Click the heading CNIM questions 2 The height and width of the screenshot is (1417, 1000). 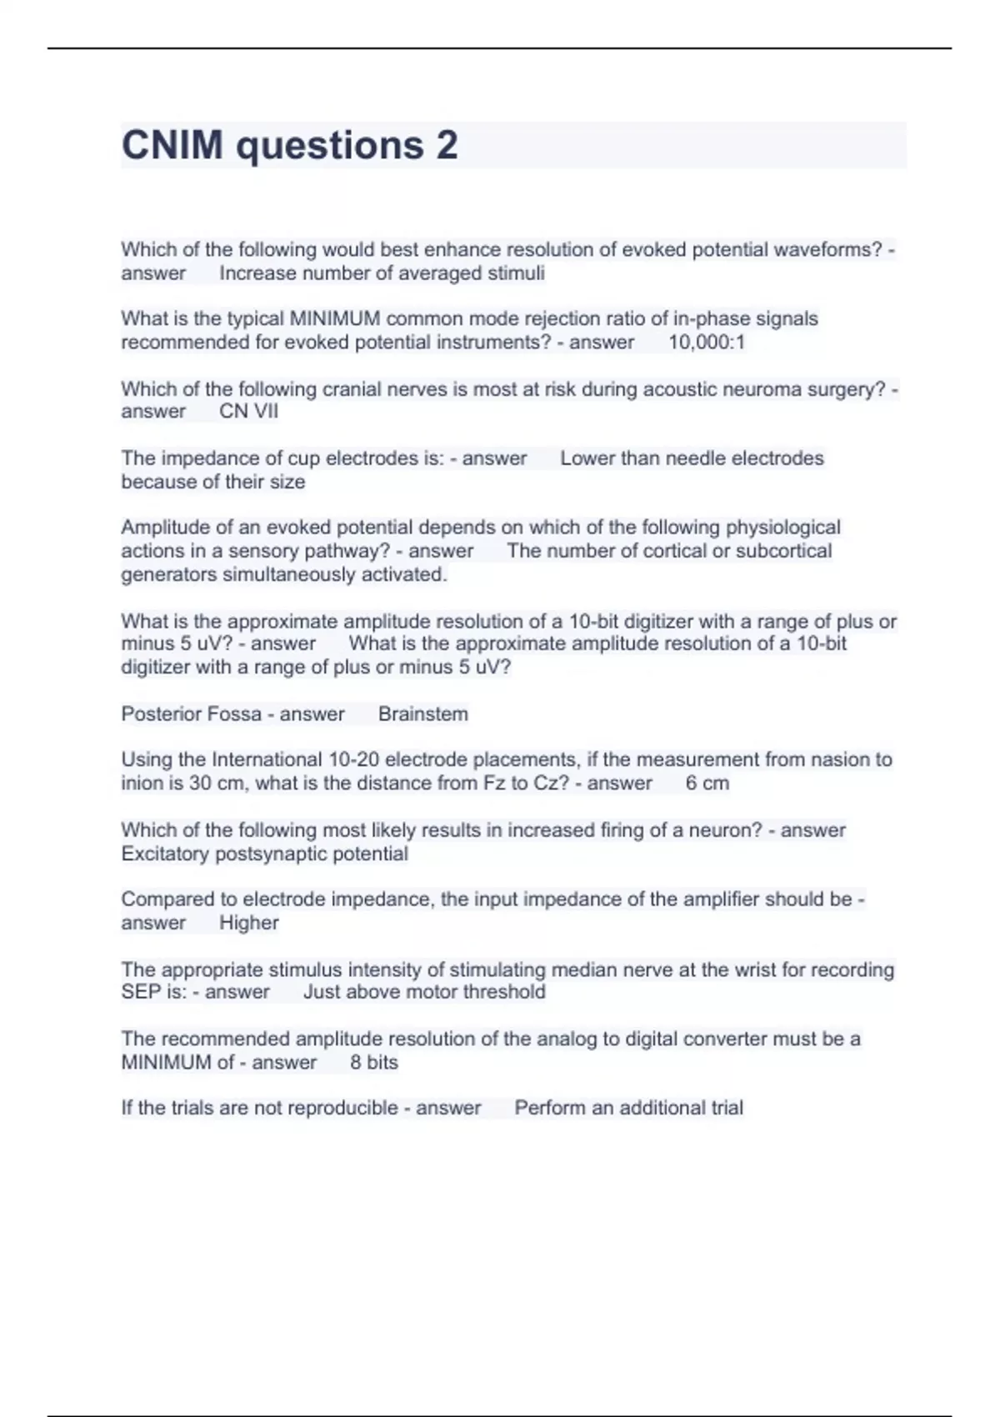pyautogui.click(x=289, y=145)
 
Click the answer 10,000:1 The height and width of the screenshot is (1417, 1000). pyautogui.click(x=707, y=343)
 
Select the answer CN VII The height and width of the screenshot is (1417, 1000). pyautogui.click(x=248, y=412)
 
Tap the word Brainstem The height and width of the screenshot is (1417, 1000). pyautogui.click(x=423, y=714)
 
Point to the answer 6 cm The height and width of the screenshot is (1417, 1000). pyautogui.click(x=707, y=784)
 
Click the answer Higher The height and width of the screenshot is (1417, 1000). pyautogui.click(x=248, y=923)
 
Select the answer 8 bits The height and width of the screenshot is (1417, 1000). pyautogui.click(x=374, y=1062)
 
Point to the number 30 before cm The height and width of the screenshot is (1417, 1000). pyautogui.click(x=199, y=784)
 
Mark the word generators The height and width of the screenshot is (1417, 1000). pyautogui.click(x=169, y=574)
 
